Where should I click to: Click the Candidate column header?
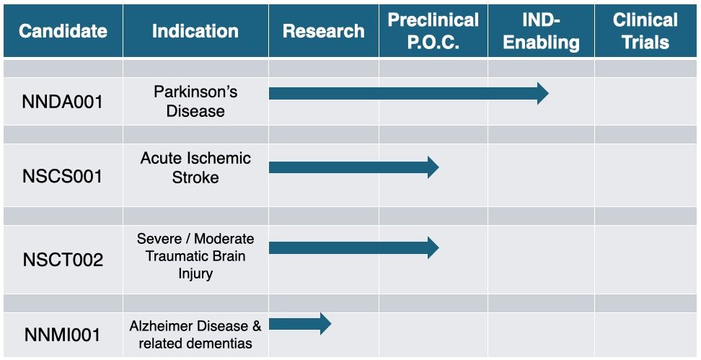pyautogui.click(x=63, y=31)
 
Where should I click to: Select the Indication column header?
pyautogui.click(x=195, y=31)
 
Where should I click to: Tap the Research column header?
pyautogui.click(x=324, y=31)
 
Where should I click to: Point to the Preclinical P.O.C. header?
pyautogui.click(x=433, y=31)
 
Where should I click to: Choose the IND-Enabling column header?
pyautogui.click(x=542, y=31)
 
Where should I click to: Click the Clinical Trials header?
pyautogui.click(x=645, y=31)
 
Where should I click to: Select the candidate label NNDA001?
pyautogui.click(x=63, y=102)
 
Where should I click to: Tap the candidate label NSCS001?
pyautogui.click(x=63, y=176)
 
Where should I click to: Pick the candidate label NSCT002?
pyautogui.click(x=63, y=260)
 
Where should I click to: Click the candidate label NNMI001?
pyautogui.click(x=63, y=335)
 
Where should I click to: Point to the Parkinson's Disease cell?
pyautogui.click(x=195, y=102)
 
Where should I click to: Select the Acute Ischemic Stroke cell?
pyautogui.click(x=195, y=167)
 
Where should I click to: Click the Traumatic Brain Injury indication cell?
pyautogui.click(x=195, y=256)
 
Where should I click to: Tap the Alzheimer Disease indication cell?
pyautogui.click(x=195, y=335)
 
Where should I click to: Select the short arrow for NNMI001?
pyautogui.click(x=300, y=324)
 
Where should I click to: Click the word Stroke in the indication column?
pyautogui.click(x=195, y=177)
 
